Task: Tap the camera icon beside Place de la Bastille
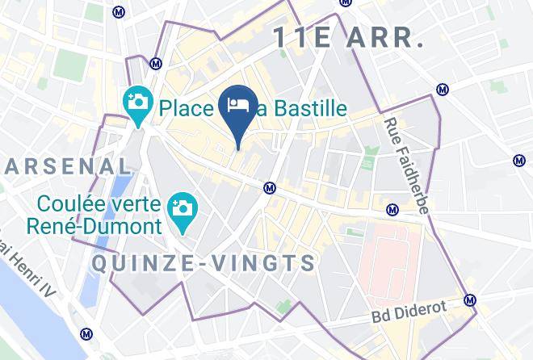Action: [139, 103]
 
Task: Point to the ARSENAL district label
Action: [69, 167]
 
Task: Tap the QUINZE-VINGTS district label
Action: [204, 263]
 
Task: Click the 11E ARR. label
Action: [348, 37]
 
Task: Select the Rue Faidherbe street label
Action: [405, 166]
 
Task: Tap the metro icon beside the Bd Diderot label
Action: [470, 300]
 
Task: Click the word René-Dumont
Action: [94, 226]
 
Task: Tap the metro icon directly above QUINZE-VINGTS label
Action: [271, 188]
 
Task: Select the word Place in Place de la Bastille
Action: [188, 108]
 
